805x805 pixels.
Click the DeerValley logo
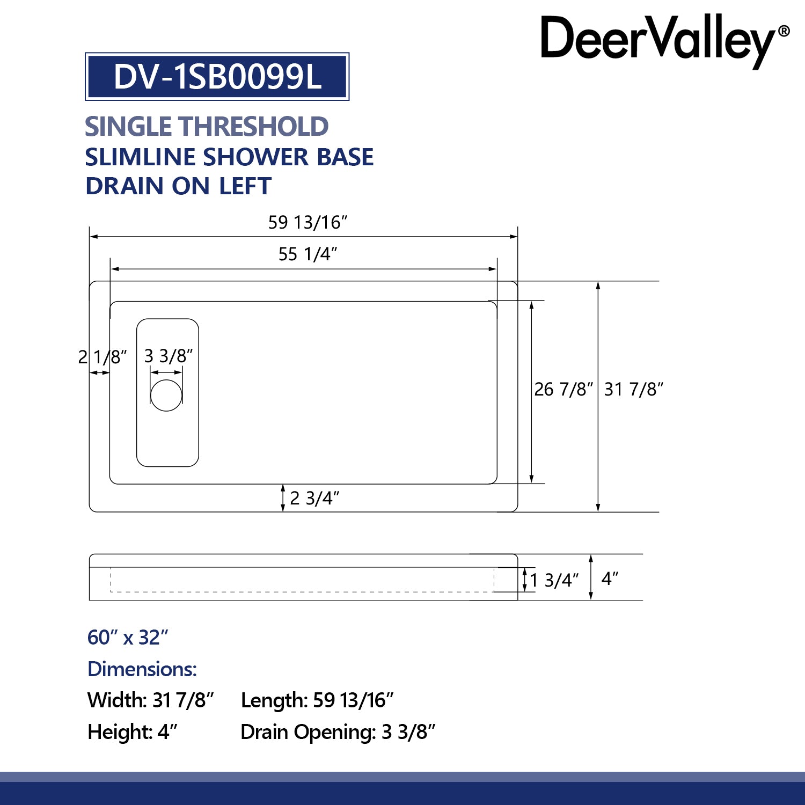tap(664, 40)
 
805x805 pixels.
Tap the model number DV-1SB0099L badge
tap(217, 77)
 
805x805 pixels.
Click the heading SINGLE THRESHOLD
tap(207, 127)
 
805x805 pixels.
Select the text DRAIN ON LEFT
tap(178, 186)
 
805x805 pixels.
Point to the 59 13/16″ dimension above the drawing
tap(308, 222)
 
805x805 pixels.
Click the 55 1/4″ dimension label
tap(308, 254)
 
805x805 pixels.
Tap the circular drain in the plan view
tap(166, 396)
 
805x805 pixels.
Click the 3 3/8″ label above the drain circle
tap(169, 356)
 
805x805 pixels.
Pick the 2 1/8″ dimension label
tap(103, 357)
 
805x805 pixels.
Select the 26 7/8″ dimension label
tap(563, 389)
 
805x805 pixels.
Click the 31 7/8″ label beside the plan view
tap(634, 389)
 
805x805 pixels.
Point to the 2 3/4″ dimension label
tap(314, 499)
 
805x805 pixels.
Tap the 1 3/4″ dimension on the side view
tap(554, 580)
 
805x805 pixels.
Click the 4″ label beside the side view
tap(610, 579)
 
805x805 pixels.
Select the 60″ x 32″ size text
tap(128, 638)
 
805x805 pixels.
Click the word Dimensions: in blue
tap(142, 669)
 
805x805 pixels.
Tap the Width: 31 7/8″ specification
tap(151, 700)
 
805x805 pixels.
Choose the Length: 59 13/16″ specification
tap(317, 700)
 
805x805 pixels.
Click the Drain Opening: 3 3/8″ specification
tap(338, 732)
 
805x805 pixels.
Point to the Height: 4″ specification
tap(133, 732)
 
